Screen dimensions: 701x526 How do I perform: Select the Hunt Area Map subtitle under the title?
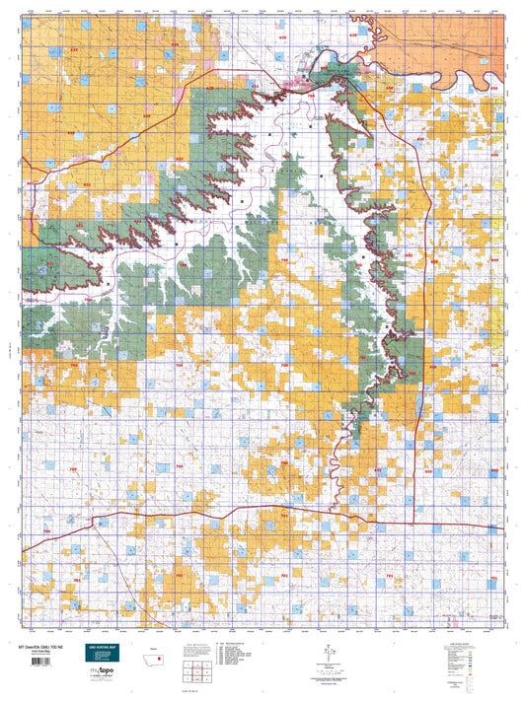pyautogui.click(x=37, y=652)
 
